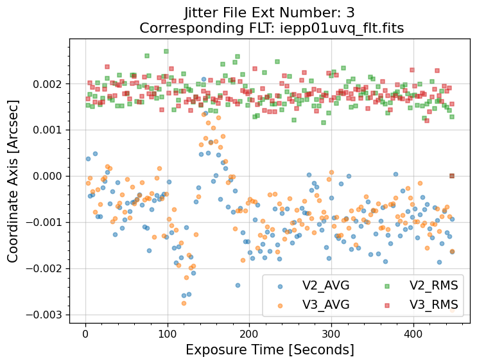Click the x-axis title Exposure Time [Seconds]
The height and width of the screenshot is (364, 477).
click(270, 350)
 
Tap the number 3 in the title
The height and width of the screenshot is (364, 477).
click(350, 12)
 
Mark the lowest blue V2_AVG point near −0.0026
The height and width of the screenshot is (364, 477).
click(184, 296)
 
